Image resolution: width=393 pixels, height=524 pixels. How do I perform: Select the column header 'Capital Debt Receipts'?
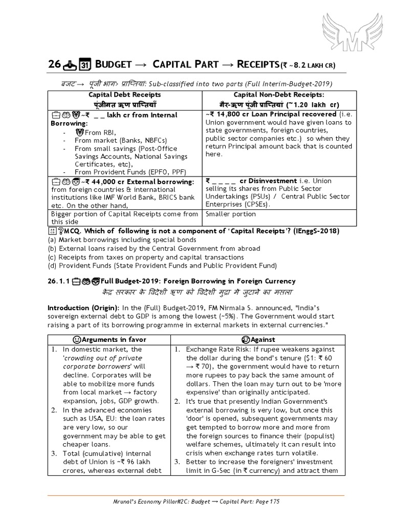click(125, 95)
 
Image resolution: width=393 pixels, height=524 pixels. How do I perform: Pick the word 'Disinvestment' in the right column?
click(272, 181)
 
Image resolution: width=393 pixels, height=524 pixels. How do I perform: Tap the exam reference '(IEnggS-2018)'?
click(312, 231)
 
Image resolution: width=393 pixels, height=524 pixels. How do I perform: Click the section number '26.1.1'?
click(58, 281)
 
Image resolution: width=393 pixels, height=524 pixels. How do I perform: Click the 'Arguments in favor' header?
click(108, 339)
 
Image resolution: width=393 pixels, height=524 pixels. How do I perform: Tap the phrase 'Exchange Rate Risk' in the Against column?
click(218, 350)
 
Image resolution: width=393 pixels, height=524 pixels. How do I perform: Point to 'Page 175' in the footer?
click(265, 502)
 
